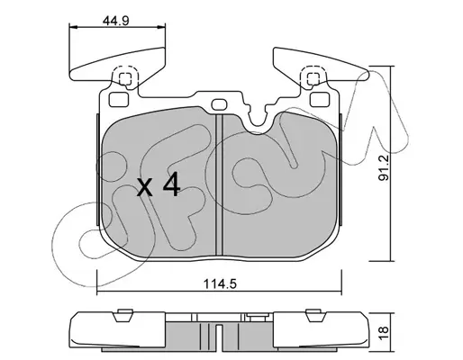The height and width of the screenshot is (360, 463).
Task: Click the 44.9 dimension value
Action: pyautogui.click(x=116, y=21)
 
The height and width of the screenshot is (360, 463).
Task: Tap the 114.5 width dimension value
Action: pyautogui.click(x=221, y=283)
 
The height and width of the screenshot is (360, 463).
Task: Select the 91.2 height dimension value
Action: pyautogui.click(x=384, y=168)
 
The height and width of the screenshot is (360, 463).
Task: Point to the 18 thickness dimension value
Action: pyautogui.click(x=384, y=331)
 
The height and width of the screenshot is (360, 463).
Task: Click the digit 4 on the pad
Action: pyautogui.click(x=171, y=185)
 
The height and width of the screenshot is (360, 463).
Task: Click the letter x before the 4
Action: pyautogui.click(x=145, y=188)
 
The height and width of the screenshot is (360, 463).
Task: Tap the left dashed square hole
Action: pyautogui.click(x=125, y=79)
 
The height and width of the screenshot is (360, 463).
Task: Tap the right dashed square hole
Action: pyautogui.click(x=313, y=79)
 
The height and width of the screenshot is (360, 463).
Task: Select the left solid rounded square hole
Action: pyautogui.click(x=119, y=100)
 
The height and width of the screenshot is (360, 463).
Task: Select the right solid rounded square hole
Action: pyautogui.click(x=320, y=100)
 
